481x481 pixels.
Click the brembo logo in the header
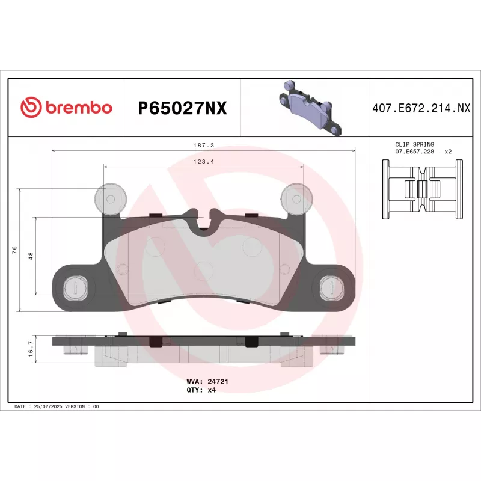pos(66,108)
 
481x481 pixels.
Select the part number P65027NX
pos(182,108)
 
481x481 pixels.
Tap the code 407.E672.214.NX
pos(420,108)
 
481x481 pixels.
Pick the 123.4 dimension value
pos(204,162)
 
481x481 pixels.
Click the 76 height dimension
pos(14,250)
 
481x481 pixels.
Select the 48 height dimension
pos(31,256)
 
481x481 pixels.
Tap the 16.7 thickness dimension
pos(31,349)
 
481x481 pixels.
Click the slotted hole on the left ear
pos(74,286)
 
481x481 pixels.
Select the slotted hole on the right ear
pos(331,286)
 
